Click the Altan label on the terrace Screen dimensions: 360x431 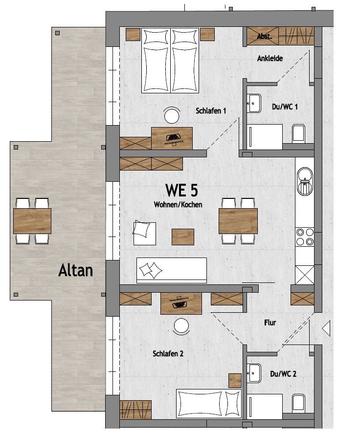point(75,271)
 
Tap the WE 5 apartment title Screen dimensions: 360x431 point(181,190)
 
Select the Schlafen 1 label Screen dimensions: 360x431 point(211,111)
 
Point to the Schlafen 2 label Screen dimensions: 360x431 point(168,353)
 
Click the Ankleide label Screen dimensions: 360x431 point(270,58)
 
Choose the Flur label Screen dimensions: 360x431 point(270,323)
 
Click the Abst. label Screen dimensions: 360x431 point(264,36)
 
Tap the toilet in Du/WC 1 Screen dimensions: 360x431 point(299,132)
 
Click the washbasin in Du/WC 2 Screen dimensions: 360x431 point(253,373)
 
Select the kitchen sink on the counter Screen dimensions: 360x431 point(305,181)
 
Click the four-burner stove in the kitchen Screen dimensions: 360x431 point(305,237)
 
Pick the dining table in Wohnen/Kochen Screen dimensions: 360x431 point(238,221)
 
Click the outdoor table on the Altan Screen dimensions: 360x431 point(32,221)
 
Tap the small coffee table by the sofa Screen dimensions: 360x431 point(183,237)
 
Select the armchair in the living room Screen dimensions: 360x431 point(144,233)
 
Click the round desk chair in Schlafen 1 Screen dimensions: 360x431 point(172,115)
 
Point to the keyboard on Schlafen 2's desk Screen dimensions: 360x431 point(179,304)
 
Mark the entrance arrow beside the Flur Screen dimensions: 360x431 point(326,328)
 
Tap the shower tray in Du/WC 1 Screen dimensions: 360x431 point(265,137)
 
